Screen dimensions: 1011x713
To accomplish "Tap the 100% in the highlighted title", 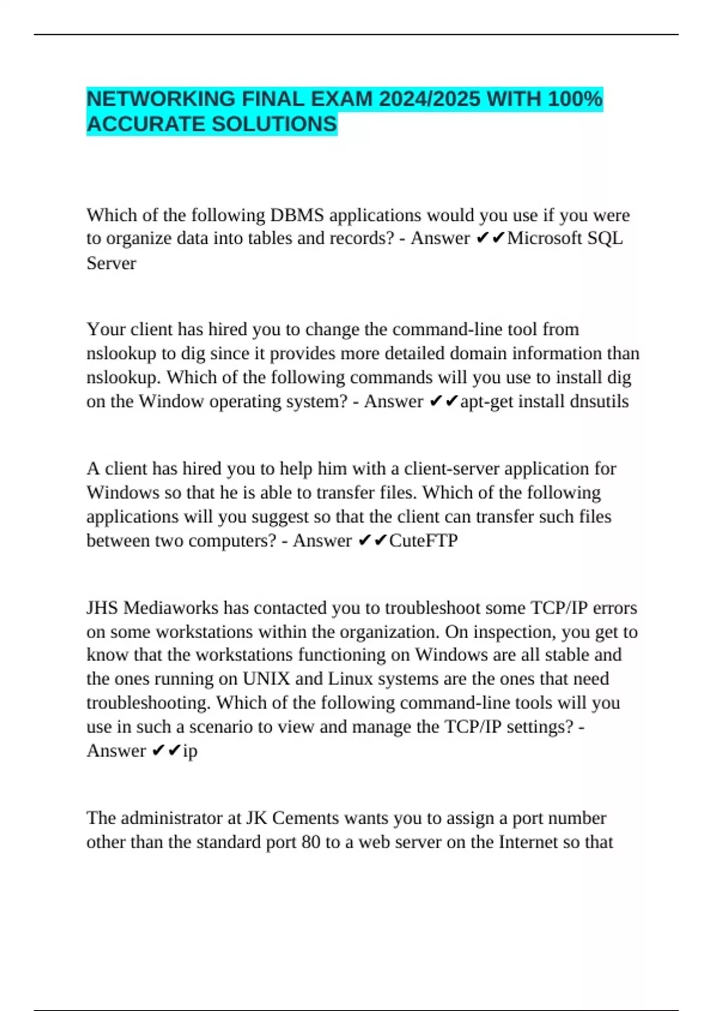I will (x=575, y=98).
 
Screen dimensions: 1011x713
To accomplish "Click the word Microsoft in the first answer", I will (x=545, y=238).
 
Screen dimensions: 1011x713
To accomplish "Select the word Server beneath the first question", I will (x=111, y=263).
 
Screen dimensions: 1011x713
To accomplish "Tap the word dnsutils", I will (x=599, y=401).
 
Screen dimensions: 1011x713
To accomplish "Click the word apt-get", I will (x=487, y=401).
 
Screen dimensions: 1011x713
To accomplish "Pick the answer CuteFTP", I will (x=423, y=541).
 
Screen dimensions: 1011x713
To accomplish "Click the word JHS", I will (x=102, y=608).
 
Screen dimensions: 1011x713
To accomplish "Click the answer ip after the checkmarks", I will (x=190, y=751).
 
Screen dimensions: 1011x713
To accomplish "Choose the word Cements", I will (x=307, y=818).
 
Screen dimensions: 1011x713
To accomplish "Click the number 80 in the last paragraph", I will (x=311, y=842).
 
